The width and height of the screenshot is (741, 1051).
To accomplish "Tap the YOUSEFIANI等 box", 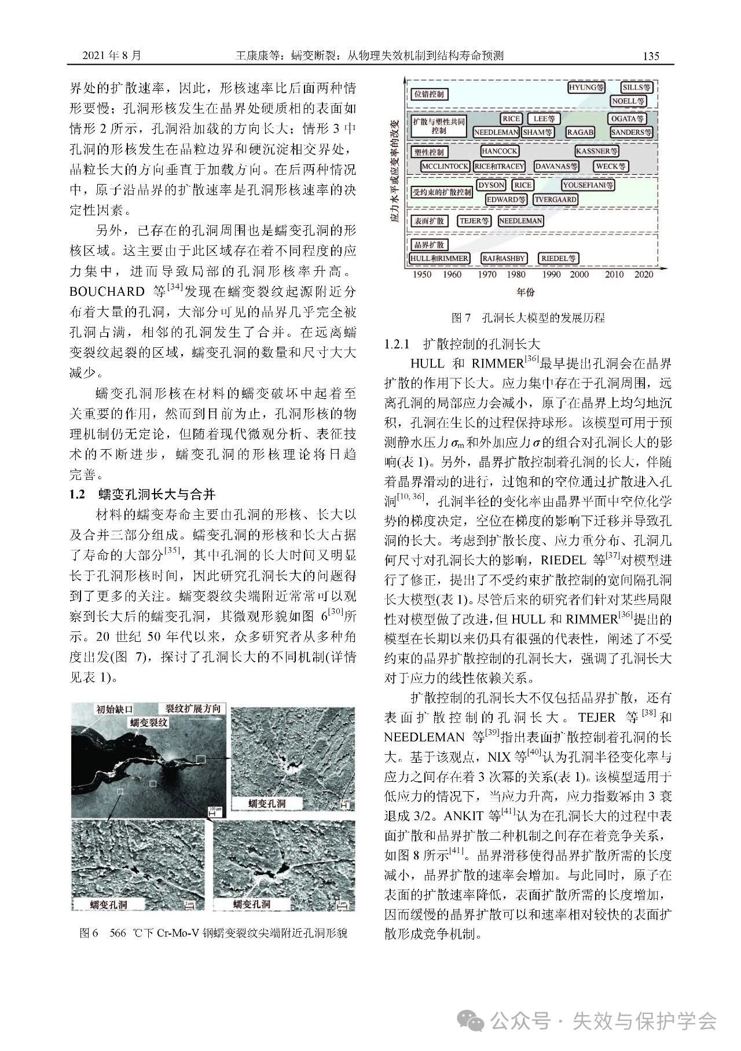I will [588, 185].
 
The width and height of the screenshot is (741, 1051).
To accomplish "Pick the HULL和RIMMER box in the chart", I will [439, 258].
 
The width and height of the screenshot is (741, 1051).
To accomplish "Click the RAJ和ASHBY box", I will [504, 258].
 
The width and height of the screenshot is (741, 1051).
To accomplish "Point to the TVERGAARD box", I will [555, 199].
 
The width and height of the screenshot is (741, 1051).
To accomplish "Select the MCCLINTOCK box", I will [445, 166].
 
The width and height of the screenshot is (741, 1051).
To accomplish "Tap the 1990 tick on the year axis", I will [551, 274].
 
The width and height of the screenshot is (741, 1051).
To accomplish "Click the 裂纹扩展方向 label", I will [193, 708].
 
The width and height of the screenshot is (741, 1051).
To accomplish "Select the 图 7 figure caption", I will [527, 318].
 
